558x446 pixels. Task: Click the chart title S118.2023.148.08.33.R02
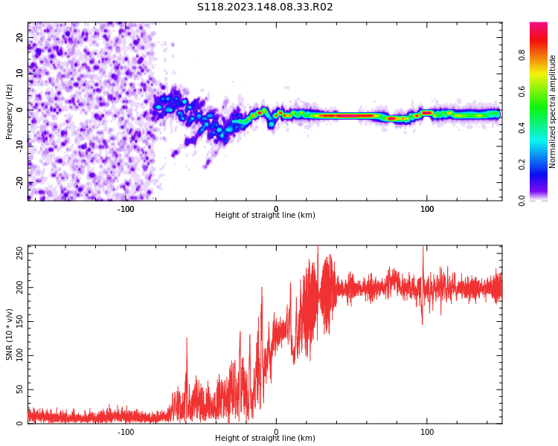[265, 7]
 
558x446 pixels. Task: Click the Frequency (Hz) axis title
[9, 111]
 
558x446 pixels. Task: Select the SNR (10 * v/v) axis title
[9, 334]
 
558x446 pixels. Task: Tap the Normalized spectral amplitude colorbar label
[552, 111]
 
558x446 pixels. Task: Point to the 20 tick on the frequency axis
[20, 37]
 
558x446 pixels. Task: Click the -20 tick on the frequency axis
[20, 182]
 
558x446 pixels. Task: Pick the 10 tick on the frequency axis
[20, 74]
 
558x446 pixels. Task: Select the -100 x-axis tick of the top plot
[126, 209]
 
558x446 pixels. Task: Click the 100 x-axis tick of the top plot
[427, 209]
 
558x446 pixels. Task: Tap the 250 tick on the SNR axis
[20, 253]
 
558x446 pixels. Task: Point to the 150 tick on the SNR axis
[20, 322]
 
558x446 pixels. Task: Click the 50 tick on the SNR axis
[20, 390]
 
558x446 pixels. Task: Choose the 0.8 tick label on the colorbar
[522, 55]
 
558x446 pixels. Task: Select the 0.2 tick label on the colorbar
[522, 165]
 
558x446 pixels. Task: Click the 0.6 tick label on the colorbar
[522, 91]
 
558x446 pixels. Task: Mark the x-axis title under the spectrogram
[265, 215]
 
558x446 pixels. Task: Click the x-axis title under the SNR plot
[265, 438]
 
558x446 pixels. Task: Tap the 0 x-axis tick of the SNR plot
[276, 431]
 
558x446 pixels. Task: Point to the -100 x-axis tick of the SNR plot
[126, 431]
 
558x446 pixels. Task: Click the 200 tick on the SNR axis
[20, 288]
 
